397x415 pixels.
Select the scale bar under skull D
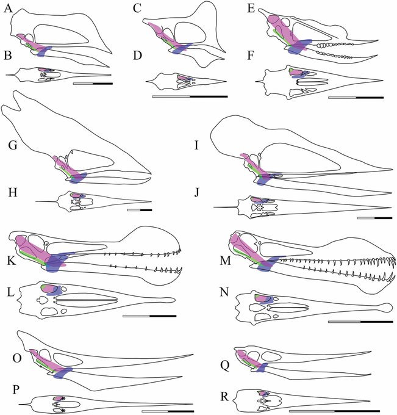[x=189, y=96]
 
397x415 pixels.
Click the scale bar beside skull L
[x=149, y=316]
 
